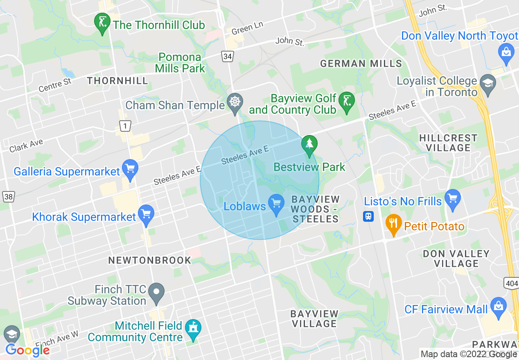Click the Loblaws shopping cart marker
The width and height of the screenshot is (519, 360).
click(276, 203)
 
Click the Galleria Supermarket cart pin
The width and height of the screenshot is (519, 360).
click(130, 169)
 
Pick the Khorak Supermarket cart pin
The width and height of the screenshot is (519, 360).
click(146, 214)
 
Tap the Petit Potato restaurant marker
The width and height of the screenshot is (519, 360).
click(393, 224)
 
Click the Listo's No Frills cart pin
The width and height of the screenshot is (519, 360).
click(453, 199)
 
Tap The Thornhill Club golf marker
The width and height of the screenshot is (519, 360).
click(102, 22)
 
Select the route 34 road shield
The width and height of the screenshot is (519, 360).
click(228, 56)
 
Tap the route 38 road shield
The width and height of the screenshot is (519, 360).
click(8, 197)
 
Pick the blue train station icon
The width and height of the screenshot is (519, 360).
click(368, 216)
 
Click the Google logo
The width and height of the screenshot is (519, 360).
click(27, 350)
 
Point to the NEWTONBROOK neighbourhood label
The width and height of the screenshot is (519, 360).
click(150, 260)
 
